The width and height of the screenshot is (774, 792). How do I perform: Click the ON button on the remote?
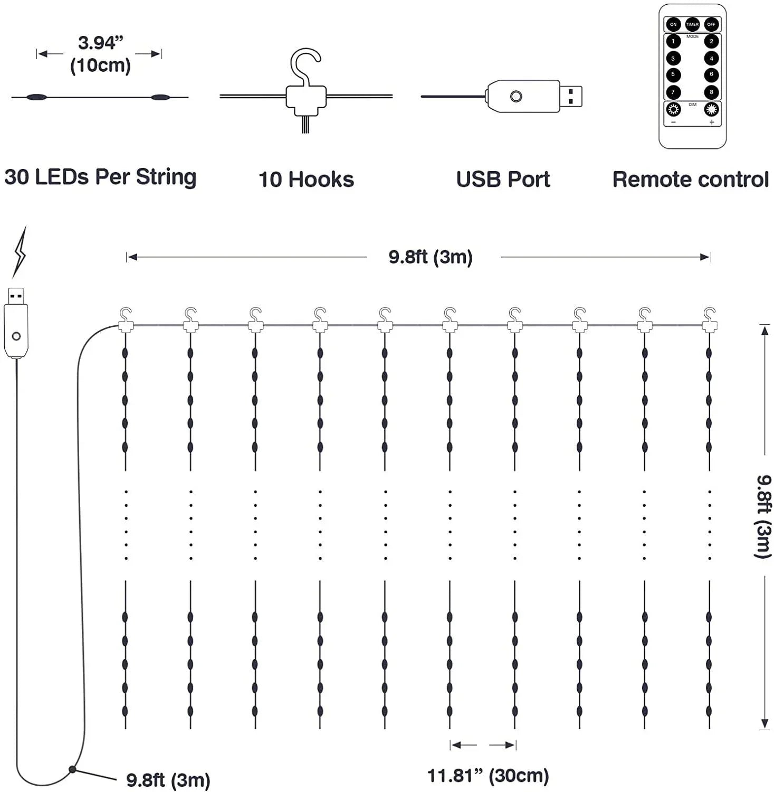(673, 24)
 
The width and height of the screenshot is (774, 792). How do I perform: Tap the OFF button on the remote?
(711, 24)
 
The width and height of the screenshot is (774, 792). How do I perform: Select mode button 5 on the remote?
(673, 74)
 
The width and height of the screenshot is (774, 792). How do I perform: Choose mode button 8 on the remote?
(711, 92)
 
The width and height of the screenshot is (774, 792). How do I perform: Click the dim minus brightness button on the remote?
(673, 110)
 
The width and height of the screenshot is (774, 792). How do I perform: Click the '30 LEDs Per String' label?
(100, 177)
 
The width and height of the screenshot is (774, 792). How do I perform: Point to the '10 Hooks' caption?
(306, 180)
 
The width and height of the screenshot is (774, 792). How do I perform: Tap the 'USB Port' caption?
(503, 180)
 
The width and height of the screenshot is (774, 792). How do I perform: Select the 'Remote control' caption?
(690, 180)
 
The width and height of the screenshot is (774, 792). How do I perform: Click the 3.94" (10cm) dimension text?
(100, 54)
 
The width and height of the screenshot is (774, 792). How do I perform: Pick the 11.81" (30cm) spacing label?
(488, 776)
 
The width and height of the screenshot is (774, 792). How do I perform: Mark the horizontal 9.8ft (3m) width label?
(431, 257)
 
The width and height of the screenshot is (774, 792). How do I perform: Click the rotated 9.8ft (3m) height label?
(763, 516)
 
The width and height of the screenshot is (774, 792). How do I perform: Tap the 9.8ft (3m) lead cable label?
(168, 780)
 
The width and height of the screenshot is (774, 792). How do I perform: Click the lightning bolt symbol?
(20, 252)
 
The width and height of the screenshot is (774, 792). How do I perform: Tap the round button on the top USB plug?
(516, 96)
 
